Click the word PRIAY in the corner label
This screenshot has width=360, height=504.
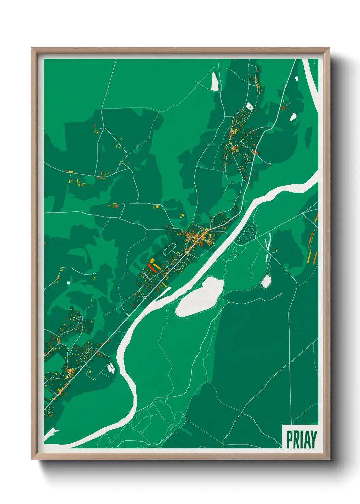click(x=301, y=439)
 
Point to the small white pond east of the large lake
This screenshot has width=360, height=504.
click(x=266, y=281)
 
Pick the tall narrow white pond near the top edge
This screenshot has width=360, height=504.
click(x=215, y=81)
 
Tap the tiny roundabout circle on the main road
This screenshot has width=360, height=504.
click(x=145, y=298)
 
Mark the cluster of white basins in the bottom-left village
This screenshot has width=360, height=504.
click(x=111, y=368)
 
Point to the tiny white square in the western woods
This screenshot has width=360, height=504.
click(x=68, y=283)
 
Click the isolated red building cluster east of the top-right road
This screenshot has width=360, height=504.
click(x=283, y=108)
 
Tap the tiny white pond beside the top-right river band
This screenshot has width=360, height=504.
click(x=296, y=78)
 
